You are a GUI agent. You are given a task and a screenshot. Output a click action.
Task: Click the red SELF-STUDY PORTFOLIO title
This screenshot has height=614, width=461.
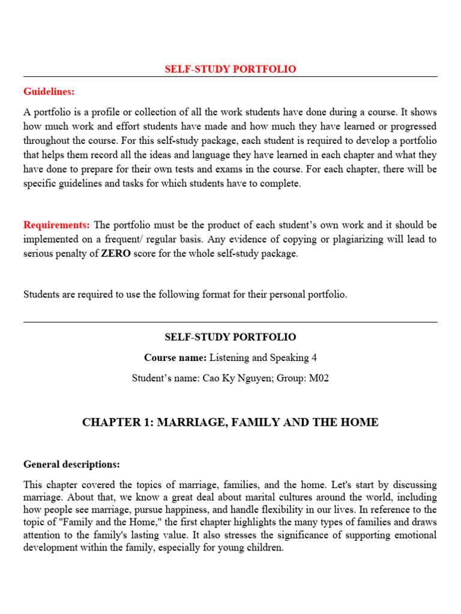(x=230, y=69)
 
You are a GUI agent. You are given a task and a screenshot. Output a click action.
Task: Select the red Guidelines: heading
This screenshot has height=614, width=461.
(x=49, y=92)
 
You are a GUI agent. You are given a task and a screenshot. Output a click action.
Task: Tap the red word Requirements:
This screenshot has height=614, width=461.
(x=57, y=225)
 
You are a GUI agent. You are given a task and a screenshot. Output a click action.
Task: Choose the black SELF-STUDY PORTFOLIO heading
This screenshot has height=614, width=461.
(x=230, y=338)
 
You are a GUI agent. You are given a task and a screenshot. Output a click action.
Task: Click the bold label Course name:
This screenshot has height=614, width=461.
(x=175, y=358)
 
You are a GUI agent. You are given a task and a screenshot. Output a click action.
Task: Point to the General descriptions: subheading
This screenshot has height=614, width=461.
(x=71, y=465)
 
